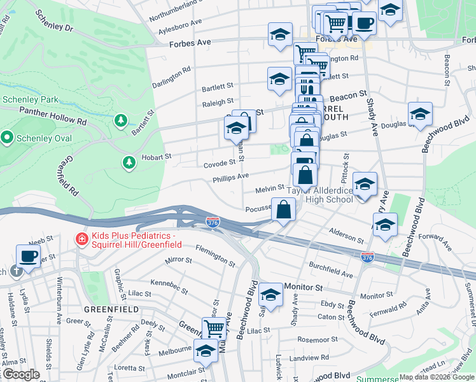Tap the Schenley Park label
[x=30, y=99]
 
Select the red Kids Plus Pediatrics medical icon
[x=81, y=239]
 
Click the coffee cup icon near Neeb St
[x=27, y=255]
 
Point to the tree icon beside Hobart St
[x=129, y=163]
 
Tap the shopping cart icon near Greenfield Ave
[x=214, y=329]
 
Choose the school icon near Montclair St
[x=206, y=350]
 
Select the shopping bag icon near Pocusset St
[x=283, y=208]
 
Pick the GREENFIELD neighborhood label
[x=111, y=309]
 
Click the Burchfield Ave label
[x=330, y=269]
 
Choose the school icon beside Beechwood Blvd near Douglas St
[x=419, y=114]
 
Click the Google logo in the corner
[x=20, y=375]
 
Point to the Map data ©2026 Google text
[x=437, y=377]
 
